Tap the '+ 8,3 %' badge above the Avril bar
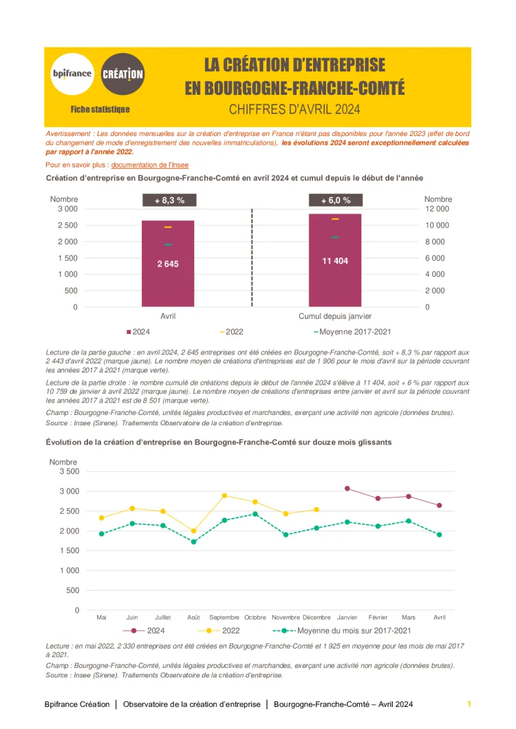coord(169,201)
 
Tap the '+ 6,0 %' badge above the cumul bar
coord(336,201)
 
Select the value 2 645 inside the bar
coord(168,264)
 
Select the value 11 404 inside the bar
coord(335,261)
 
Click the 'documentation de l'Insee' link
coord(150,165)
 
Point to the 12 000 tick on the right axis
coord(437,209)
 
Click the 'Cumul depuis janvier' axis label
coord(335,316)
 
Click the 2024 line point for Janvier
coord(347,489)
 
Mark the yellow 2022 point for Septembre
coord(224,495)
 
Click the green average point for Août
coord(193,542)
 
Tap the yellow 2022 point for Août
coord(193,531)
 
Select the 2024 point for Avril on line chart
coord(440,505)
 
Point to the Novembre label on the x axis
coord(286,617)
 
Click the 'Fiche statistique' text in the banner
coord(100,109)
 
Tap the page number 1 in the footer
coord(469,704)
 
